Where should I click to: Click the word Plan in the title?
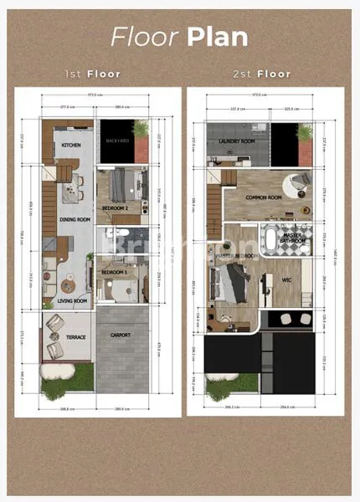(217, 38)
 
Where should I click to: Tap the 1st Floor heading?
(93, 74)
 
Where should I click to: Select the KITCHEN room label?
(70, 146)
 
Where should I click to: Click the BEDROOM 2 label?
(115, 207)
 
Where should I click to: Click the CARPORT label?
(121, 335)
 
